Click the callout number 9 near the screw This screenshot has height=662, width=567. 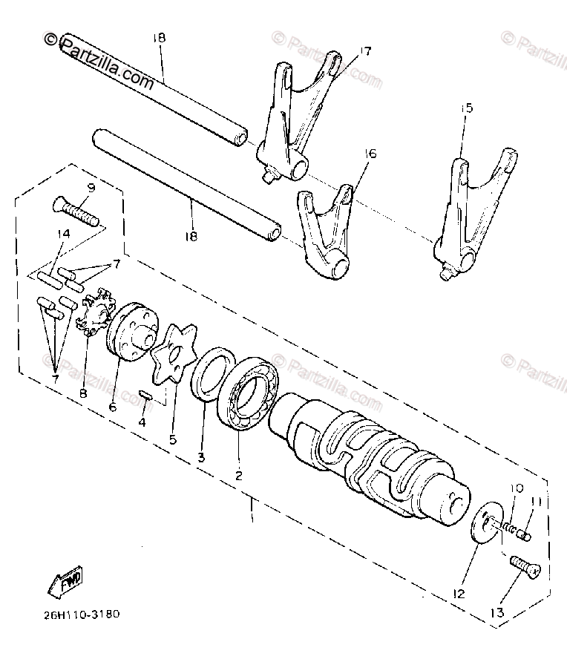91,188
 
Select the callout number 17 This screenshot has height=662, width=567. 365,51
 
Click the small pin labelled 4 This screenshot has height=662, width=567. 145,395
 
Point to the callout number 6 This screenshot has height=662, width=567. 113,407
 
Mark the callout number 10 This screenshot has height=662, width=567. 517,488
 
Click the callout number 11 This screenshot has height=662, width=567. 535,502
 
